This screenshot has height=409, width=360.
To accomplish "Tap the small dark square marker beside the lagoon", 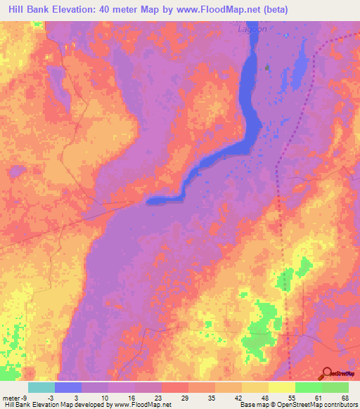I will point(268,68).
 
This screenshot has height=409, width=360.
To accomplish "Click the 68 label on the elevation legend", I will point(345,398).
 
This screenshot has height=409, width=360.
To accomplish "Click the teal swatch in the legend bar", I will point(41,387).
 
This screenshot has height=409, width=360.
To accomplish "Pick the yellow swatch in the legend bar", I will point(255,387).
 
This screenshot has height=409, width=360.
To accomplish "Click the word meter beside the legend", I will point(11,398).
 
